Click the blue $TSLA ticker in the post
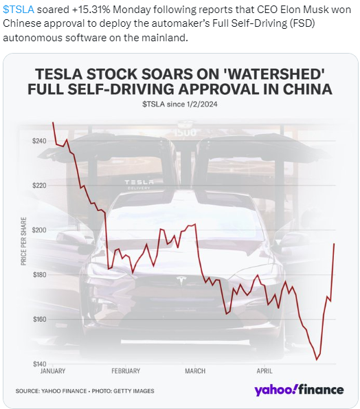point(19,10)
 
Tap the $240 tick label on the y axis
point(39,141)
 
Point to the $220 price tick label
point(39,186)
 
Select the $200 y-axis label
point(39,230)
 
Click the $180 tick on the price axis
point(39,275)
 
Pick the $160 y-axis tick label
point(39,319)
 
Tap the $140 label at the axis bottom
point(39,364)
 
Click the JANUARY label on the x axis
point(53,371)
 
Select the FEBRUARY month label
point(126,371)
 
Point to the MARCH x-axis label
point(195,371)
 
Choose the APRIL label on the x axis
point(265,371)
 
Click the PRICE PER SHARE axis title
point(23,241)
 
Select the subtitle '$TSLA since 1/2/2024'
point(180,104)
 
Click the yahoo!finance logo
point(299,390)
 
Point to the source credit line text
point(85,391)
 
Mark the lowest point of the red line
point(317,360)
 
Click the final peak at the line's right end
point(334,243)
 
